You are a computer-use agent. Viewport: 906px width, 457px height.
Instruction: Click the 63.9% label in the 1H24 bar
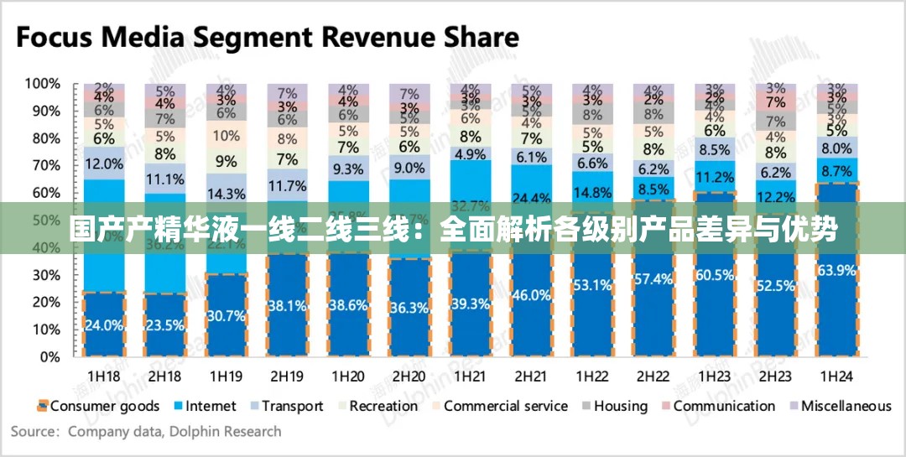pos(836,270)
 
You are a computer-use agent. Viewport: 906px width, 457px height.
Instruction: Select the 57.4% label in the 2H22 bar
pos(653,278)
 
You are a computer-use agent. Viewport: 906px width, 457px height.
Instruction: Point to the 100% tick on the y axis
pos(42,84)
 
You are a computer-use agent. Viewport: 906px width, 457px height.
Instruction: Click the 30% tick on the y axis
pos(45,275)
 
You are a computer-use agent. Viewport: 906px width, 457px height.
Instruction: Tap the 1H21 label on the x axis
pos(471,376)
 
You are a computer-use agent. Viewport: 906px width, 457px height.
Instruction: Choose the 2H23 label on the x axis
pos(775,376)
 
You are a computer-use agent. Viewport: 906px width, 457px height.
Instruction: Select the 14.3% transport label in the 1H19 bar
pos(226,194)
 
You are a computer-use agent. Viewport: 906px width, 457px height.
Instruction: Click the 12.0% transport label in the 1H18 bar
pos(104,164)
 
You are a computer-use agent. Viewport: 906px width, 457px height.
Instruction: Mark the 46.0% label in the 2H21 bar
pos(531,294)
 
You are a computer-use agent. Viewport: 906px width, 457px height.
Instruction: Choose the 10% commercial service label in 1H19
pos(226,135)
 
